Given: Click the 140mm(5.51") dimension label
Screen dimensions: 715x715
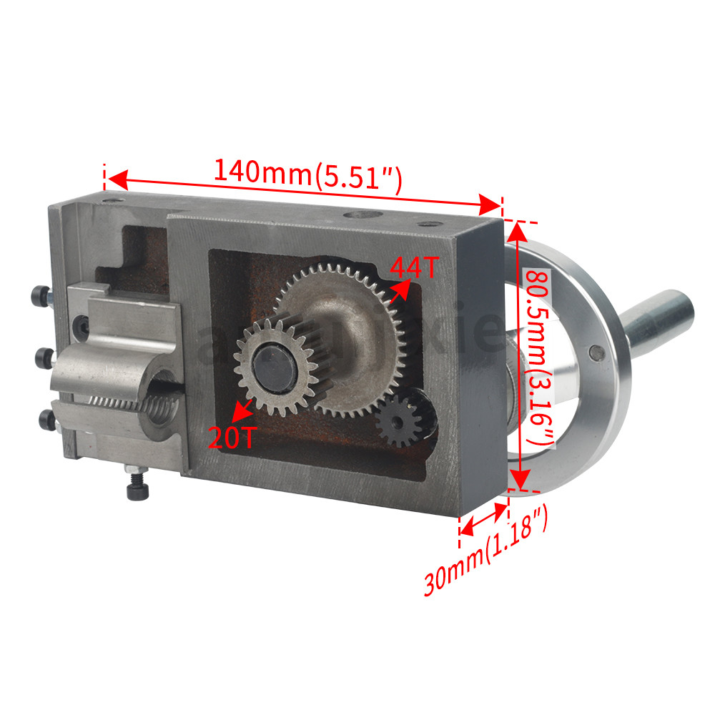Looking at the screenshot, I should coord(308,174).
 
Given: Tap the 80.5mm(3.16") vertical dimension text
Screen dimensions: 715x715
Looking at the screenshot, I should coord(538,357).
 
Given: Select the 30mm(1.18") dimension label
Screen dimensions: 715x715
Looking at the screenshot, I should coord(486,551).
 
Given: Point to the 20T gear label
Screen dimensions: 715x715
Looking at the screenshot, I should coord(230,437).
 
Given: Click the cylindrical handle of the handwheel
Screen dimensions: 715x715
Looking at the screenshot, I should coord(658,315).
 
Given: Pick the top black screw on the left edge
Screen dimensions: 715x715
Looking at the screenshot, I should coord(41,295).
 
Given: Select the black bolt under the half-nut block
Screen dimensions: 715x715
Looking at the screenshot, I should coord(135,488).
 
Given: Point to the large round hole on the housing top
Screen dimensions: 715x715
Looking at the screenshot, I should coord(357,213).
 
